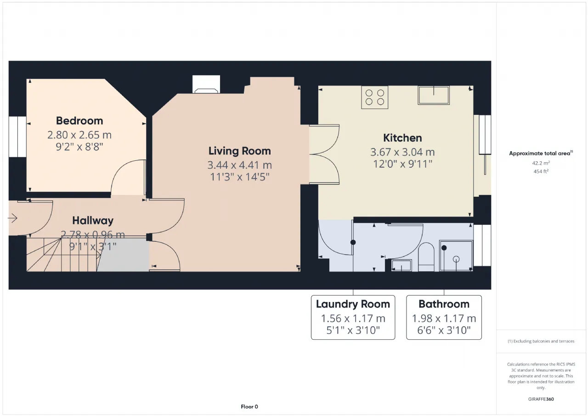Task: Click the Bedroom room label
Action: [79, 121]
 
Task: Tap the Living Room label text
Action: [239, 151]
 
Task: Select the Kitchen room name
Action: [402, 138]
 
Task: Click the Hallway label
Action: [93, 221]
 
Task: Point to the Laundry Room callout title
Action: [353, 304]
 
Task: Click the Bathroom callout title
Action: [444, 304]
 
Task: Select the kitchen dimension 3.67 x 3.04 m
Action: [402, 152]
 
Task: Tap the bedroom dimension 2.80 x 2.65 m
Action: [79, 135]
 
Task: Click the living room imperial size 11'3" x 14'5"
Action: [239, 177]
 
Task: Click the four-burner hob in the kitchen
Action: [374, 97]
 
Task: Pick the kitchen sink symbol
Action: [434, 95]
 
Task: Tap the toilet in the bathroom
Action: [426, 257]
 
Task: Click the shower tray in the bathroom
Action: [456, 256]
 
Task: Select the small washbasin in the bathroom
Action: [401, 265]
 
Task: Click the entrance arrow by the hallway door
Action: [12, 218]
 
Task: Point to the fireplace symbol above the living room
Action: [206, 84]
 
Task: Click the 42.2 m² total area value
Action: [541, 163]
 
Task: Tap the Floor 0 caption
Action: [249, 406]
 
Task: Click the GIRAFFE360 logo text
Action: [541, 399]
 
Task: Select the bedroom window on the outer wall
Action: [17, 137]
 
